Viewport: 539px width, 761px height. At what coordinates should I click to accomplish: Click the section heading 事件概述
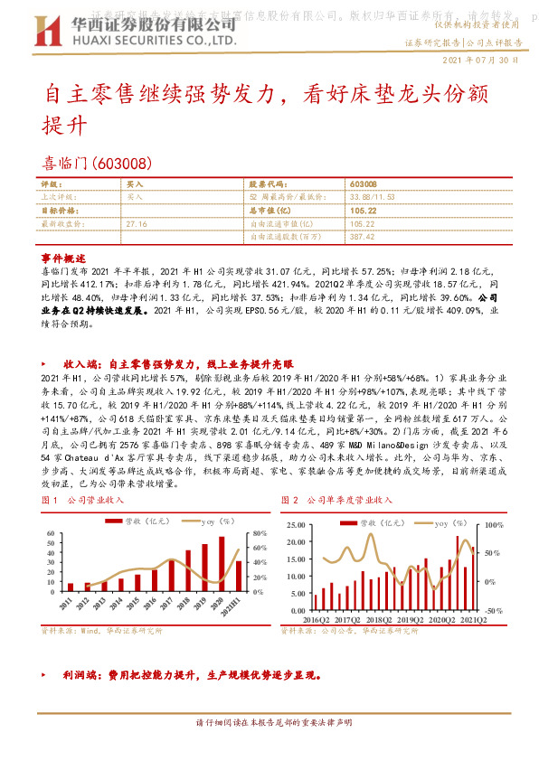point(64,258)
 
